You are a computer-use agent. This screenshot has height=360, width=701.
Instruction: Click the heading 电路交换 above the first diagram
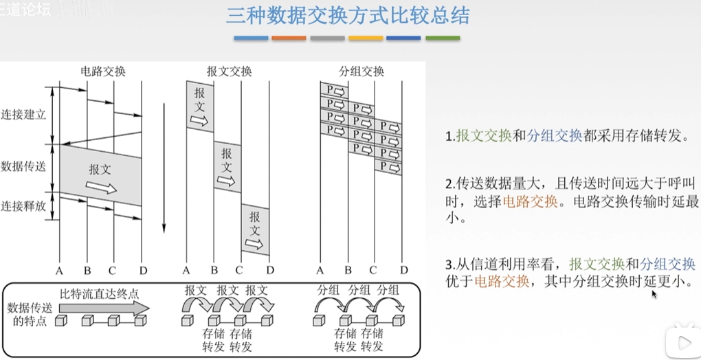[x=103, y=71]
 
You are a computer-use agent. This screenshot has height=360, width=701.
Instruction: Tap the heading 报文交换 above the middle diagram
[x=229, y=71]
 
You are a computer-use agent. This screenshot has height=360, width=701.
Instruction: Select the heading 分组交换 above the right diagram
[x=361, y=71]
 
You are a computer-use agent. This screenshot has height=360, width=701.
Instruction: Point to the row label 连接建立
[x=23, y=114]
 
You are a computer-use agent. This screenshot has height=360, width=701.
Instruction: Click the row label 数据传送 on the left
[x=23, y=166]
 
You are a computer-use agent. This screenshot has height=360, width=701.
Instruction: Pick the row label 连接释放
[x=23, y=206]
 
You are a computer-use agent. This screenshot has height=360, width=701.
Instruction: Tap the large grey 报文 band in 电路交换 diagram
[x=101, y=176]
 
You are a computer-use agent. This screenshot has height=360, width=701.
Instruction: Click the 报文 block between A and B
[x=199, y=106]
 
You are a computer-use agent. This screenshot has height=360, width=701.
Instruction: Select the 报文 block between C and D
[x=255, y=229]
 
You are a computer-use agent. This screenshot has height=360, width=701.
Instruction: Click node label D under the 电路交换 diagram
[x=143, y=269]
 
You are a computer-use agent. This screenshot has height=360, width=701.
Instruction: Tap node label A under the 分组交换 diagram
[x=320, y=269]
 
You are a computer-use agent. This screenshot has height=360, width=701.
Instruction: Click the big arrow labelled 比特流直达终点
[x=103, y=306]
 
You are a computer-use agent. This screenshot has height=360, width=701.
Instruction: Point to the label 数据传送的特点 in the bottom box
[x=27, y=314]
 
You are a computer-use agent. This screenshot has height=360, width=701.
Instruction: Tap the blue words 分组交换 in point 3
[x=667, y=264]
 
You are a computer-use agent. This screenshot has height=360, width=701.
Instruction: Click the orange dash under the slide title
[x=289, y=38]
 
